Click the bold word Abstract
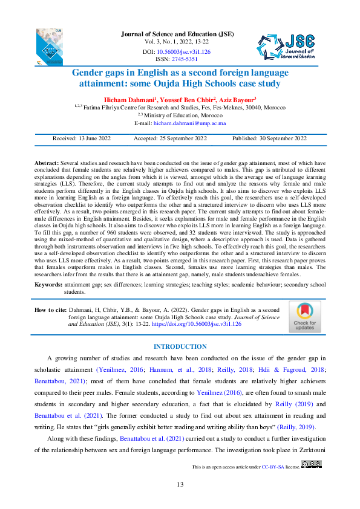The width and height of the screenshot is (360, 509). (x=45, y=164)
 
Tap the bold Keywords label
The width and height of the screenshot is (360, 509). (x=48, y=284)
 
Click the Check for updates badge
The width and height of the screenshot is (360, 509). (x=304, y=317)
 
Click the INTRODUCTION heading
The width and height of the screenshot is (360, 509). (x=180, y=346)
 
